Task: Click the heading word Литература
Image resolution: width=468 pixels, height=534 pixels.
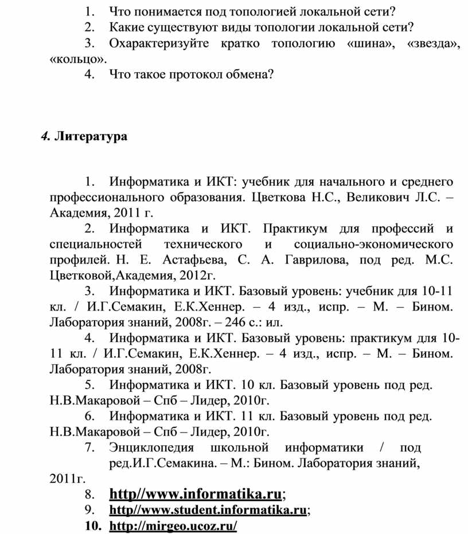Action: tap(91, 137)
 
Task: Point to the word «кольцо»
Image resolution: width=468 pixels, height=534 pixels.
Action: tap(77, 59)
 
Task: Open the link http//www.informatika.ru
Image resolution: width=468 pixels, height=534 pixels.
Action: tap(195, 493)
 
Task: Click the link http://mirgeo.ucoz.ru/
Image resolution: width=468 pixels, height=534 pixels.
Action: tap(172, 525)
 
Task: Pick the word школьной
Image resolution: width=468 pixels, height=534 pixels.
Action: tap(240, 447)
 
